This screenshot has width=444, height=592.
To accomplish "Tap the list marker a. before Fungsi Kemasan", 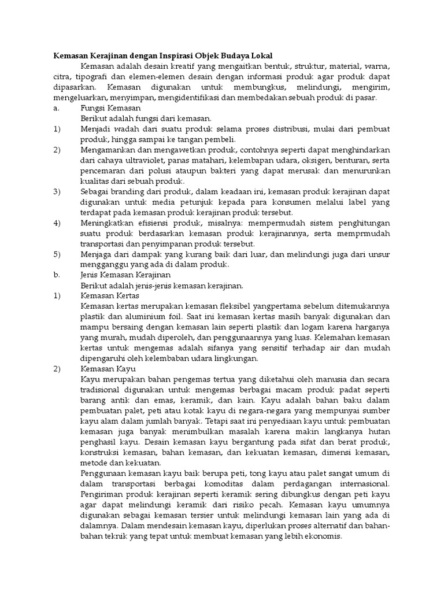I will tap(56, 108).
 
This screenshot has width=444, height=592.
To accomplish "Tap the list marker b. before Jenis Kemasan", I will tap(57, 275).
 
